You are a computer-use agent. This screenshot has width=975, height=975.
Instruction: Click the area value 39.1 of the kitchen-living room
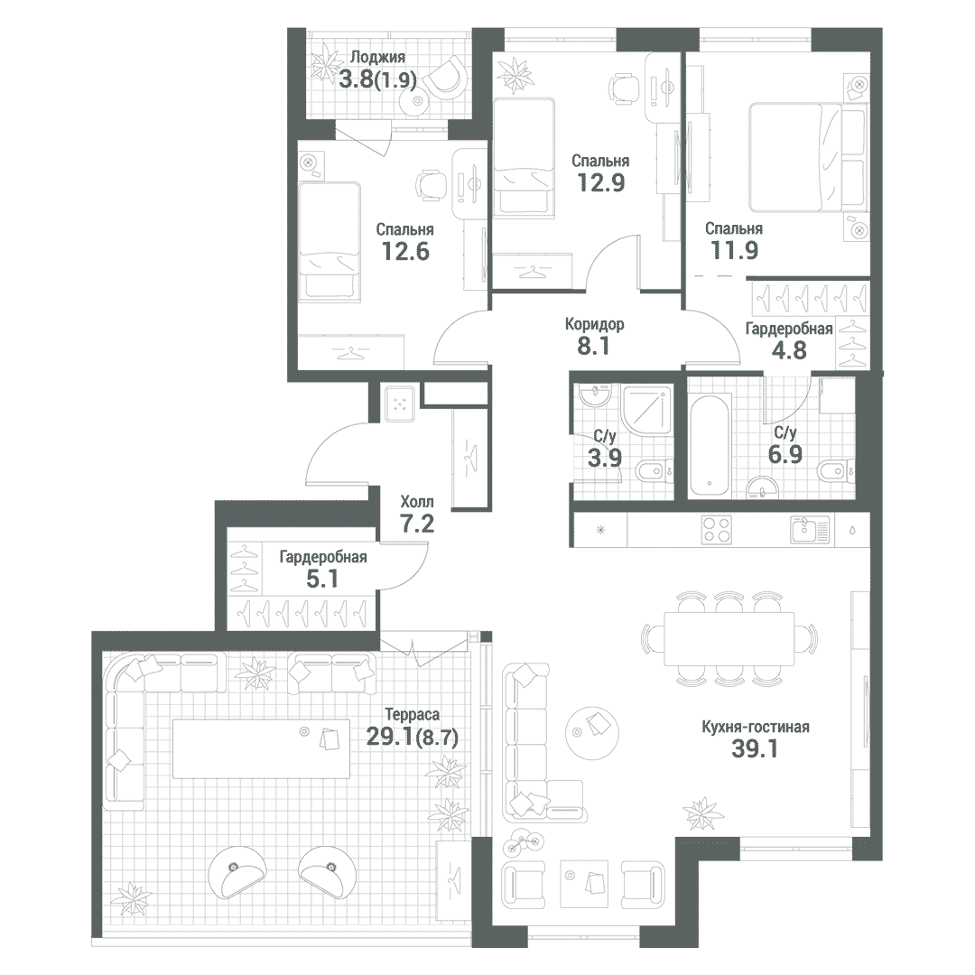754,749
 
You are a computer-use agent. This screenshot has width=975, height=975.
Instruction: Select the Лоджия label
377,57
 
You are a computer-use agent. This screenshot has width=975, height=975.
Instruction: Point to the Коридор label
594,324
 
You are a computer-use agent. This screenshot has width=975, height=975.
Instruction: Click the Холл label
417,502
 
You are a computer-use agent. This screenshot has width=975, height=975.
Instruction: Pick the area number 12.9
600,182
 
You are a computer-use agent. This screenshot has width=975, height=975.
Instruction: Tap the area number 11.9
734,250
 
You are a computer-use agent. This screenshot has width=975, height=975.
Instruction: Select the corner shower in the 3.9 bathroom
647,411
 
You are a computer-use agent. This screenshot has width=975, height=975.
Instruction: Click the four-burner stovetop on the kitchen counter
716,530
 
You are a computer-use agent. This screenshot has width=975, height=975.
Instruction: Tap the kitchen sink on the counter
811,530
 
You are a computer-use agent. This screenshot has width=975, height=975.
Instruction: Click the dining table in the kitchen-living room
729,638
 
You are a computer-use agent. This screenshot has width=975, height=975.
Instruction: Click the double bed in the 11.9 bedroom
808,158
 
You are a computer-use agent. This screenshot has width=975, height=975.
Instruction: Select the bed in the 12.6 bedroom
330,241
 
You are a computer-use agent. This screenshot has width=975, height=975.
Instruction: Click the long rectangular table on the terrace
261,748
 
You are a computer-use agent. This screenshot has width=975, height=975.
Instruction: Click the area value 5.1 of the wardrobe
322,579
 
